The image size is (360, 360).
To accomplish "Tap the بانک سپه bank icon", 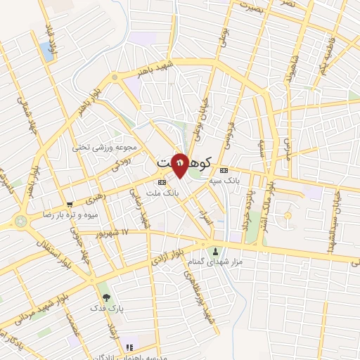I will coord(224,170).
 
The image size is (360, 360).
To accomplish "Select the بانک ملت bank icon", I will coord(162,181).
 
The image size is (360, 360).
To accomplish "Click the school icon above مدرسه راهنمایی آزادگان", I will coord(128,347).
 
